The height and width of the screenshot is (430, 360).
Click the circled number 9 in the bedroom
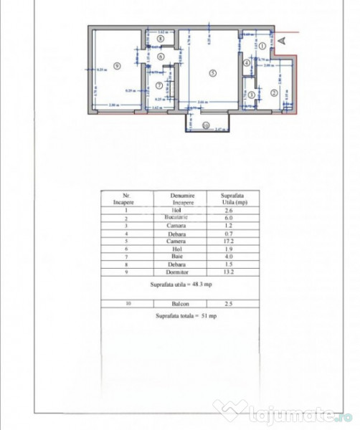116,65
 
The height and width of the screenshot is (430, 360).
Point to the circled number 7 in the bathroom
159,85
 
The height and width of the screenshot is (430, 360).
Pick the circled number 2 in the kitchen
274,92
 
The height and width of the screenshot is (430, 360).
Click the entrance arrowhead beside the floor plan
287,41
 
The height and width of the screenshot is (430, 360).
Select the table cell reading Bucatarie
179,217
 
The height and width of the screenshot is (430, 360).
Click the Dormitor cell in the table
179,272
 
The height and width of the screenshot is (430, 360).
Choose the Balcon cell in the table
179,305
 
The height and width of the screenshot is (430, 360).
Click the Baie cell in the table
179,257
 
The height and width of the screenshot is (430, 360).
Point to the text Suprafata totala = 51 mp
180,316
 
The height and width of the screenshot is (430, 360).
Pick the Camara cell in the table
179,225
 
